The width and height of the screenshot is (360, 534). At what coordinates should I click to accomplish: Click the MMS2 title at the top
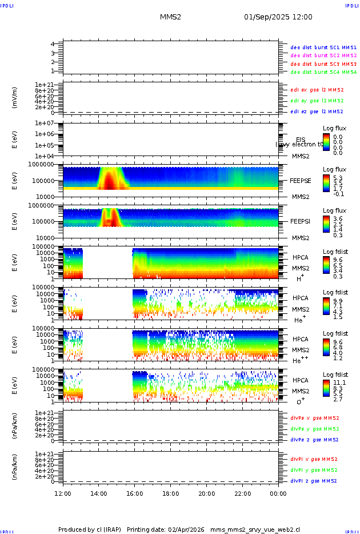click(x=170, y=17)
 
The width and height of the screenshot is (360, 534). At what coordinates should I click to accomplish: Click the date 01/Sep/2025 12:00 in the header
click(x=278, y=17)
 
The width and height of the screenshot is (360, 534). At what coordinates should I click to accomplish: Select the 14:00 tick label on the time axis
click(x=99, y=493)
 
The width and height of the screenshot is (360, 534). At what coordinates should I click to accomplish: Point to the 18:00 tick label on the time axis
click(x=171, y=493)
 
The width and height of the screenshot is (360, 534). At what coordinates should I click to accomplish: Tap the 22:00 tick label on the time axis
click(x=242, y=493)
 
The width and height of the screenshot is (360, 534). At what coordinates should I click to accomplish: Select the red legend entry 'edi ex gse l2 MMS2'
click(x=317, y=90)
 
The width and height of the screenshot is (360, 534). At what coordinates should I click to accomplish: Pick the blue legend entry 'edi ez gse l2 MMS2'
click(x=317, y=111)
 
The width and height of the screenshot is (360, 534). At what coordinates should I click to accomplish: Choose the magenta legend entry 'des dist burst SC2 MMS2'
click(x=323, y=55)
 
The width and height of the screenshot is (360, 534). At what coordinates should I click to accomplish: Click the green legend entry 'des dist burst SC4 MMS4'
click(x=323, y=72)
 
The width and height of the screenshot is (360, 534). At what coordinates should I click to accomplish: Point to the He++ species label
click(x=299, y=360)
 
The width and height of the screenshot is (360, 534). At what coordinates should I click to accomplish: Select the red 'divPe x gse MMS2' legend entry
click(x=315, y=418)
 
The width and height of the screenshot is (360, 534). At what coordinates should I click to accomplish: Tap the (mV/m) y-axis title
click(x=15, y=98)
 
